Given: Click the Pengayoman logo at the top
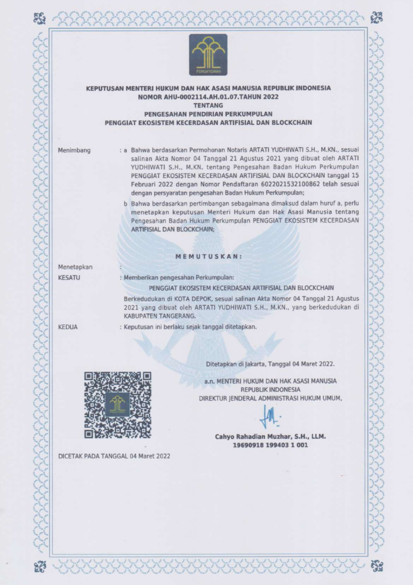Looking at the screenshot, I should [208, 55].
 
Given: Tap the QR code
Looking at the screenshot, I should [118, 405].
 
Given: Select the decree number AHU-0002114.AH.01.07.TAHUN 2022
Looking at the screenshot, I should [208, 97].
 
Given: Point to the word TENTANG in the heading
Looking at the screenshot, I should [208, 105].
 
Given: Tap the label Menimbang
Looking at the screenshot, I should [74, 150].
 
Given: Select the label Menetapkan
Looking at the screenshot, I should [75, 267].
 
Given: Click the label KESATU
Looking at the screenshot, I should [69, 278].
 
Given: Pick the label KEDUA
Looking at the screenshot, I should [68, 327].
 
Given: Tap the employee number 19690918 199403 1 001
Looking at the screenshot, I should [270, 445].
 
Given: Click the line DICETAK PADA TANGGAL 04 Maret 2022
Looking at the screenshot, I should [114, 456].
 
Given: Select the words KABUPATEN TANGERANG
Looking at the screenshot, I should [160, 316].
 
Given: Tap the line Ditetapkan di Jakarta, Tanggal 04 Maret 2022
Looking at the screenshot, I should [270, 364].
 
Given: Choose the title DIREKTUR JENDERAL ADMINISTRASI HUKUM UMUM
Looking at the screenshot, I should [270, 398].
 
